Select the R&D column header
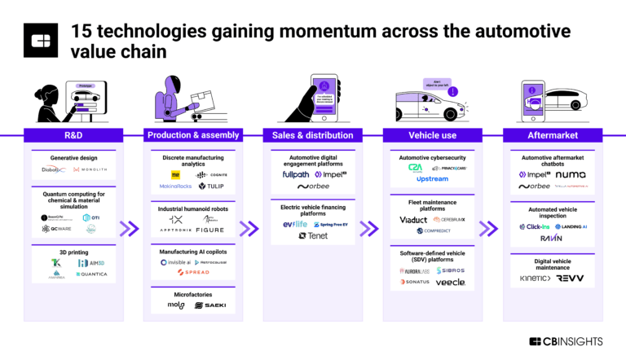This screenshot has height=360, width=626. point(74,135)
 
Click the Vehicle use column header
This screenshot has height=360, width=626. point(432,135)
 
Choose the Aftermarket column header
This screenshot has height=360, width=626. point(551,135)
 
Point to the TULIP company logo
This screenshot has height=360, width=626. point(210,187)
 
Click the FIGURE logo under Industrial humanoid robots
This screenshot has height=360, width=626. point(209,230)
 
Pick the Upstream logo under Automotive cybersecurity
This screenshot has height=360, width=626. point(432,178)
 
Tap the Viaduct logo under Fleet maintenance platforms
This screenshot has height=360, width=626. point(413,219)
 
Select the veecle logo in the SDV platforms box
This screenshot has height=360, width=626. point(451,282)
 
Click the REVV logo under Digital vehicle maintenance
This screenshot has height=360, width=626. point(570,278)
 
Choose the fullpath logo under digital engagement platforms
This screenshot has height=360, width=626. point(295,174)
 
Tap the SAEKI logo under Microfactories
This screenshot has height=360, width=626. point(209,305)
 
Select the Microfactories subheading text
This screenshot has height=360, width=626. point(193,292)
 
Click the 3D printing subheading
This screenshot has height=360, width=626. point(74,252)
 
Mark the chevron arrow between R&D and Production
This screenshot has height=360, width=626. point(129,229)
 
